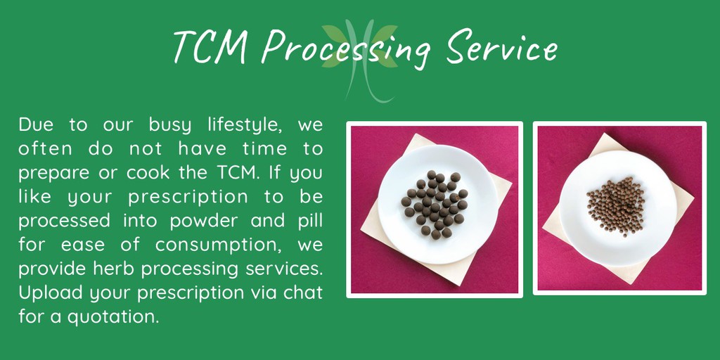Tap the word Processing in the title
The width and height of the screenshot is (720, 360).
pyautogui.click(x=349, y=49)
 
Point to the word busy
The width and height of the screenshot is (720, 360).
pyautogui.click(x=169, y=126)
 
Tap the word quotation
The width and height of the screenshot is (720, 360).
pyautogui.click(x=113, y=316)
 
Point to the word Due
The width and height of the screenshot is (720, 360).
pyautogui.click(x=36, y=126)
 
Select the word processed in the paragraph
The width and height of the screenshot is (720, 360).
pyautogui.click(x=64, y=221)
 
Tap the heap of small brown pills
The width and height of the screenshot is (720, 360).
pyautogui.click(x=616, y=205)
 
